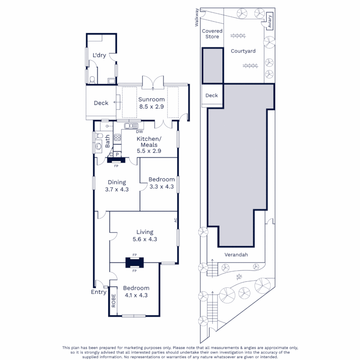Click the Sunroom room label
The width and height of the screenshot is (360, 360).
[x=151, y=99]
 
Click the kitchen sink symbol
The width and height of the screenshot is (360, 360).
[x=131, y=126]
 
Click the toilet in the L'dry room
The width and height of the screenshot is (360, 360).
[x=92, y=80]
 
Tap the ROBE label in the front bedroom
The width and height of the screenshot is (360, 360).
[x=114, y=301]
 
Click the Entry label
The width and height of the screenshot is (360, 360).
[x=99, y=292]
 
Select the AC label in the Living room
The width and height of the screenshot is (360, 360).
[x=175, y=220]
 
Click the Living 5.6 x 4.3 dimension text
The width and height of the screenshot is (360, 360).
[x=145, y=239]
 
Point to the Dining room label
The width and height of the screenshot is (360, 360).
[x=117, y=182]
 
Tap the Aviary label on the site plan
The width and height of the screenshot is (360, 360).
[x=270, y=21]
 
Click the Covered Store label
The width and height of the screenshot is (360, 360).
[x=212, y=34]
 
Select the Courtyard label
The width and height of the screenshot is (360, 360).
[x=243, y=51]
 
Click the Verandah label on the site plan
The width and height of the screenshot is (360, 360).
[x=236, y=255]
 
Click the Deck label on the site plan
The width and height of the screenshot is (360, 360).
[x=211, y=95]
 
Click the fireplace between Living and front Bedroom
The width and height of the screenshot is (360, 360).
[x=135, y=263]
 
